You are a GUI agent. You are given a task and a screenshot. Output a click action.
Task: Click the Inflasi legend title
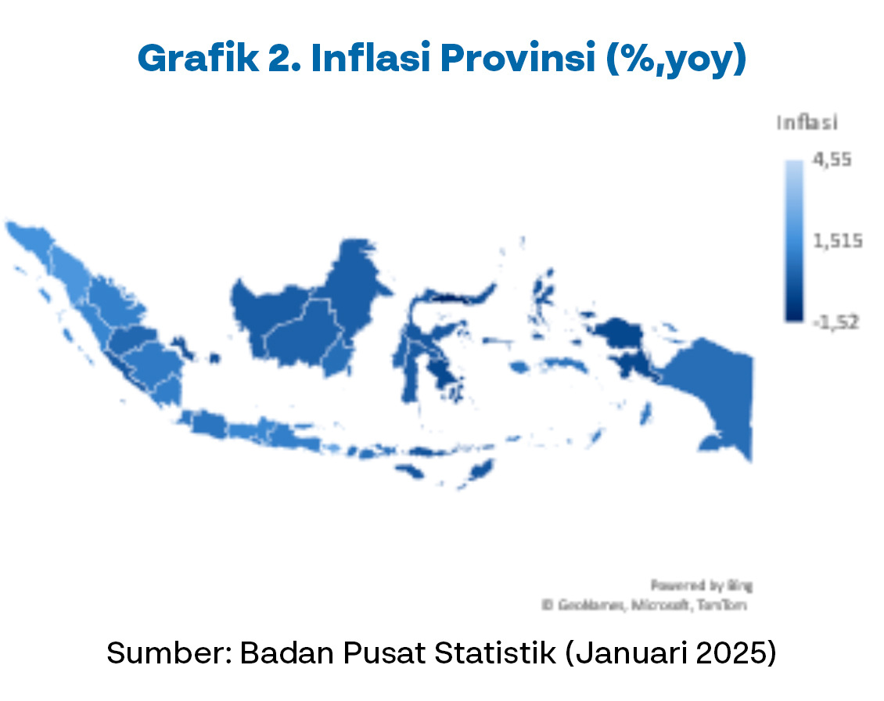coord(807,123)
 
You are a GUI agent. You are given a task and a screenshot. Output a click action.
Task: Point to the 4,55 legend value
coord(832,160)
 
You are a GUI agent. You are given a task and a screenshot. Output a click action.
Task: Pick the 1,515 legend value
coord(837,241)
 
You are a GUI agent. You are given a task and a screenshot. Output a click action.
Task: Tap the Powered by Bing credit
coord(701,585)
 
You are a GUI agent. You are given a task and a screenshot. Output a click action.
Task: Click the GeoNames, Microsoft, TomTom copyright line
coord(646,605)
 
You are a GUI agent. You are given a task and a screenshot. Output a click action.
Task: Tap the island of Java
coord(250,430)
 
